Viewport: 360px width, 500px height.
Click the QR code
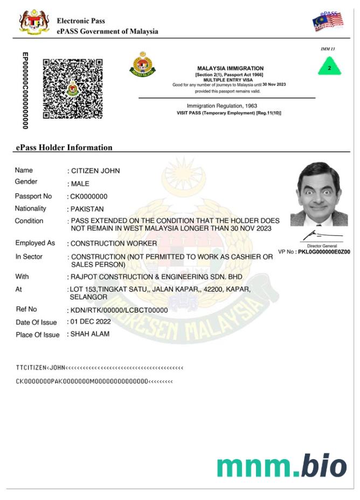[x=73, y=88]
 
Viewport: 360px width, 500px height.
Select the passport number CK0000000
[x=89, y=197]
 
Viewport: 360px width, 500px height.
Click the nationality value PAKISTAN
[x=87, y=209]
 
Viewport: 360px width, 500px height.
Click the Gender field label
[x=26, y=182]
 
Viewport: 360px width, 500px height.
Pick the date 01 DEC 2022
[x=91, y=322]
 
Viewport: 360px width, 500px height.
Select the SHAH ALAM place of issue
[x=90, y=334]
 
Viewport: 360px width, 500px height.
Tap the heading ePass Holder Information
[x=64, y=148]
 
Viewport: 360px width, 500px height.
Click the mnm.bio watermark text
[x=281, y=466]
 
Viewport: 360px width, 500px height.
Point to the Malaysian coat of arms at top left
[x=34, y=22]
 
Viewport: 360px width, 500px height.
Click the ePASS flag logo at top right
[x=328, y=21]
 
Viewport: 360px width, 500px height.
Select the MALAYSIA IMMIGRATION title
[x=230, y=68]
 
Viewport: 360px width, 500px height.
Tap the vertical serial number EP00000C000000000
[x=24, y=91]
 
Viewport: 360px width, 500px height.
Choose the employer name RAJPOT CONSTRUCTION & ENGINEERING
[x=156, y=277]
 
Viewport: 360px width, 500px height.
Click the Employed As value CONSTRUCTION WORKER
[x=114, y=244]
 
